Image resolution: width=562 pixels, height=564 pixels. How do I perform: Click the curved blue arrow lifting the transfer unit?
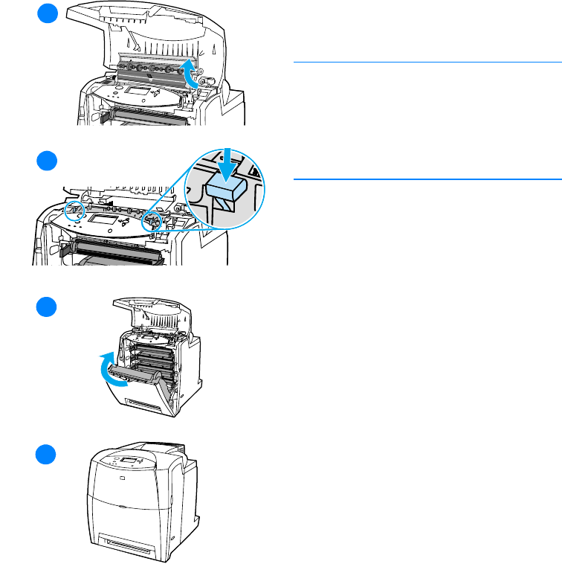(x=193, y=74)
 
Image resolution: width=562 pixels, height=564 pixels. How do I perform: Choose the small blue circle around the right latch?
(x=153, y=219)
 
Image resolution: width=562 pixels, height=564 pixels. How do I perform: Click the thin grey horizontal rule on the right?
(x=427, y=62)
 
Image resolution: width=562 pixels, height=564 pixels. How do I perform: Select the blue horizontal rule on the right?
(x=427, y=179)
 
